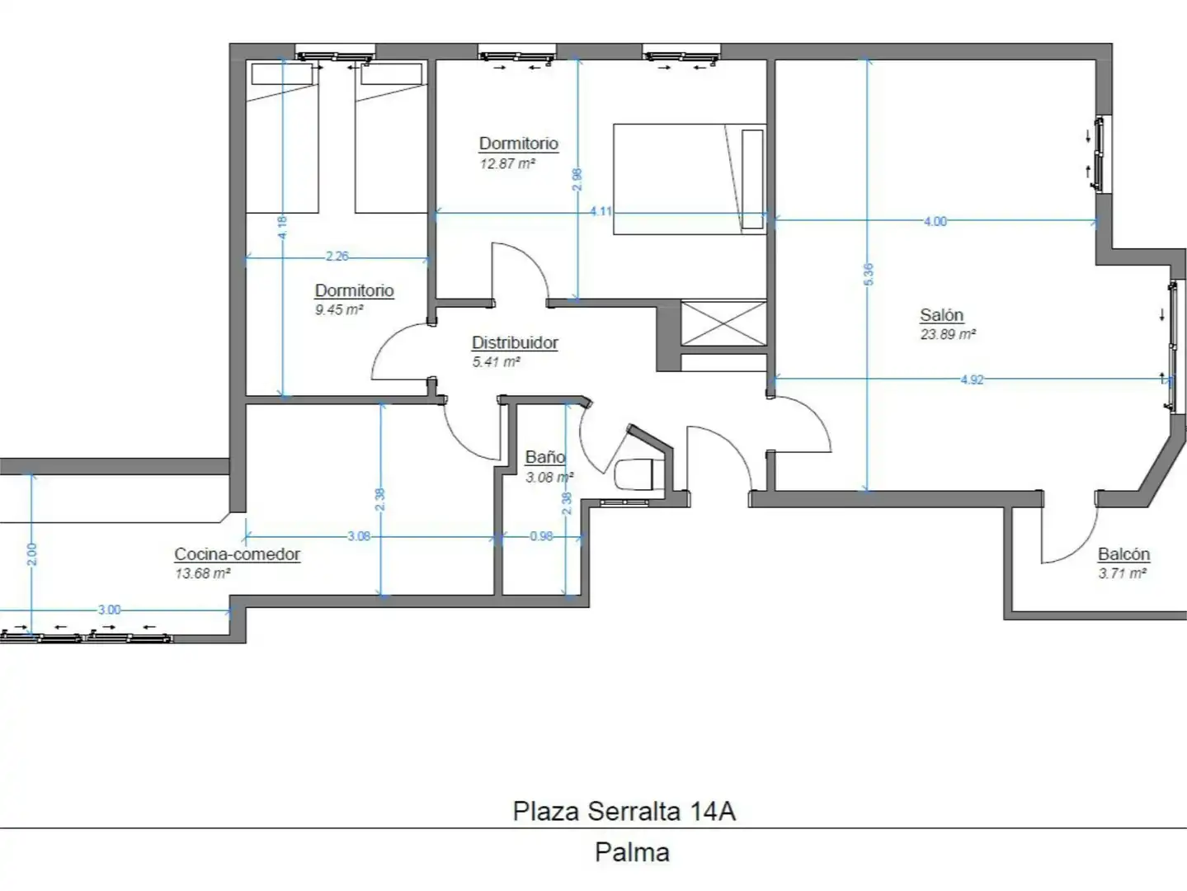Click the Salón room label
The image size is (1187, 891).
click(941, 314)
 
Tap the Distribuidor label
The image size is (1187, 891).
click(515, 342)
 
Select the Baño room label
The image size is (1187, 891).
click(545, 457)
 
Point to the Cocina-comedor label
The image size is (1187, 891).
click(237, 554)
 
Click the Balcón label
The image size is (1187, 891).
click(1123, 554)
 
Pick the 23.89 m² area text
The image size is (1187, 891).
click(948, 334)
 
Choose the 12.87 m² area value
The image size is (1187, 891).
click(507, 163)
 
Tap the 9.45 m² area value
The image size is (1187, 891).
click(339, 310)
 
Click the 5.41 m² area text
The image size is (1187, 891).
click(496, 361)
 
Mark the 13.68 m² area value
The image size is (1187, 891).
click(202, 573)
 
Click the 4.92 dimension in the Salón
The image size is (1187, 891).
click(972, 379)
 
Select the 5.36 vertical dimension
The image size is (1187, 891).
click(868, 275)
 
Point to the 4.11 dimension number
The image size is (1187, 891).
click(601, 211)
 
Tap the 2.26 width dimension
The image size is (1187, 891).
click(337, 256)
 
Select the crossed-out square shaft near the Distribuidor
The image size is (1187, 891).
click(723, 323)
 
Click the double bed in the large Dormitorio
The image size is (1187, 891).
click(690, 179)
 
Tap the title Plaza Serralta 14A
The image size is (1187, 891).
click(624, 811)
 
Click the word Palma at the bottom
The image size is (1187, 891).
click(632, 852)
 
